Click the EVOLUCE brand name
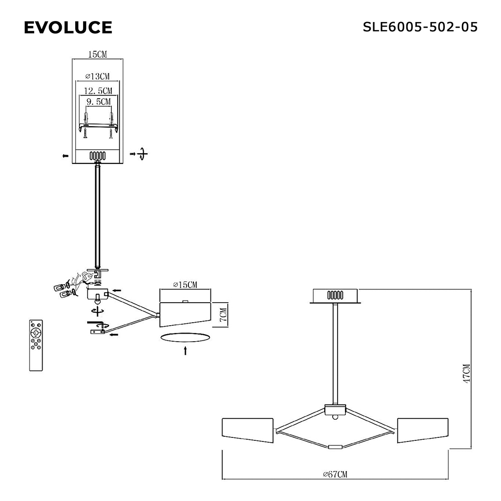(x=68, y=27)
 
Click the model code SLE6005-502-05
(x=420, y=27)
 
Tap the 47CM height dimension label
(x=467, y=373)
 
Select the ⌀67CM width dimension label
(x=335, y=474)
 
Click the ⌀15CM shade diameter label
(x=185, y=285)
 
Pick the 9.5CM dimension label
(x=98, y=102)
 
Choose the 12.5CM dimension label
(x=98, y=91)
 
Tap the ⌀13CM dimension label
(x=98, y=76)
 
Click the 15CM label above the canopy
(x=98, y=54)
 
